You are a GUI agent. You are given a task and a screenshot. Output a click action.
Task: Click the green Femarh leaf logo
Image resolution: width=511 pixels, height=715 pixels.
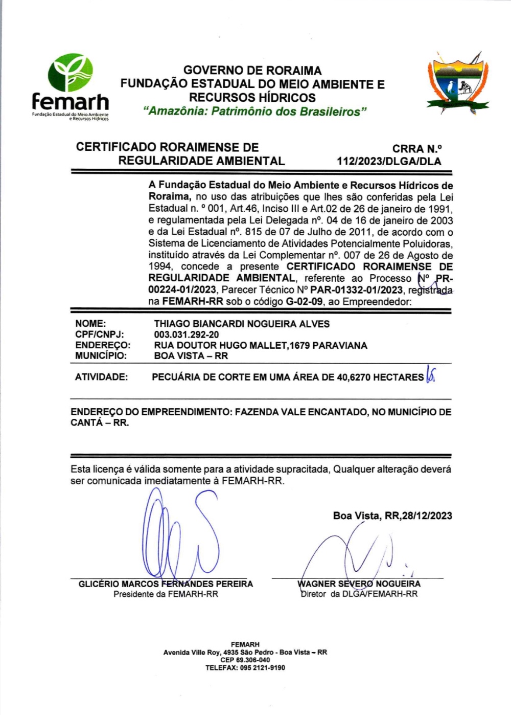tap(71, 73)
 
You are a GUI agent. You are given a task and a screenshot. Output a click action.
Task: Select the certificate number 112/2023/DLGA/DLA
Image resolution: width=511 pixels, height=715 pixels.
tap(388, 161)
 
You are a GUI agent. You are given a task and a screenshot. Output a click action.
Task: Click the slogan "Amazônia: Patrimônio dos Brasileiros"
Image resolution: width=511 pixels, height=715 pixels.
tap(255, 111)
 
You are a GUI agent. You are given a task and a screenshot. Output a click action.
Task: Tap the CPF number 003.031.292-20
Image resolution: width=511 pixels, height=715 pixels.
tap(187, 334)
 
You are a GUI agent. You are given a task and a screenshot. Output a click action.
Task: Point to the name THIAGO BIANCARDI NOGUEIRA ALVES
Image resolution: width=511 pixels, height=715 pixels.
tap(242, 324)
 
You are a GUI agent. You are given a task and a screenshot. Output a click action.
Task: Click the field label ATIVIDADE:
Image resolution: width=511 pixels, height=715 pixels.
tap(101, 377)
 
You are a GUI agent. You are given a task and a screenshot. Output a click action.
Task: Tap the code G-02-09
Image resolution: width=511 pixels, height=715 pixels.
tap(304, 301)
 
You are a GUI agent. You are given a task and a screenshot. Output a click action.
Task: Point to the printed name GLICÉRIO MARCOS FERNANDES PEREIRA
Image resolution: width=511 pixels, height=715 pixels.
tap(166, 584)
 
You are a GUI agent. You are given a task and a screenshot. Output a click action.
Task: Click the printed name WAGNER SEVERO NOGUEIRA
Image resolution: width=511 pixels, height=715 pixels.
tap(359, 584)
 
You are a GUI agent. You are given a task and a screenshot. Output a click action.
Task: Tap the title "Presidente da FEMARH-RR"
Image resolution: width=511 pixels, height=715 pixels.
tap(166, 594)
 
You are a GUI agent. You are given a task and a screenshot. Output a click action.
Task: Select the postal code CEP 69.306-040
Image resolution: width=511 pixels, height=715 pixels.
tap(245, 660)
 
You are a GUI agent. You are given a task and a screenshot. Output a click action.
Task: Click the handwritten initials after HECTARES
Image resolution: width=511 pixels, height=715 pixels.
tap(430, 376)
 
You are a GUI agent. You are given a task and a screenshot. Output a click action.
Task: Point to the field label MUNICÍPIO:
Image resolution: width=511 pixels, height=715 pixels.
tap(101, 356)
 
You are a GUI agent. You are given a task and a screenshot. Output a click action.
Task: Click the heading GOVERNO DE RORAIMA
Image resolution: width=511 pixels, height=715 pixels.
tap(252, 71)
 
